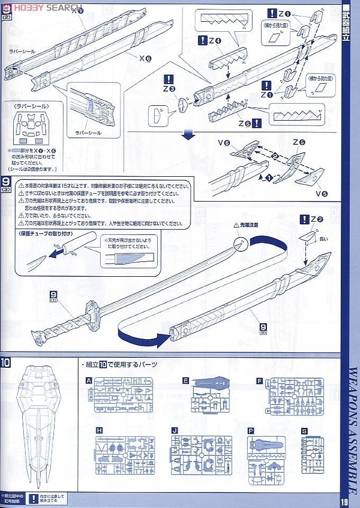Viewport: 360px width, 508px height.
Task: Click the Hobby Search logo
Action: click(42, 6)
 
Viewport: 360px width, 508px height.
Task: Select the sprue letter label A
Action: click(89, 380)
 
